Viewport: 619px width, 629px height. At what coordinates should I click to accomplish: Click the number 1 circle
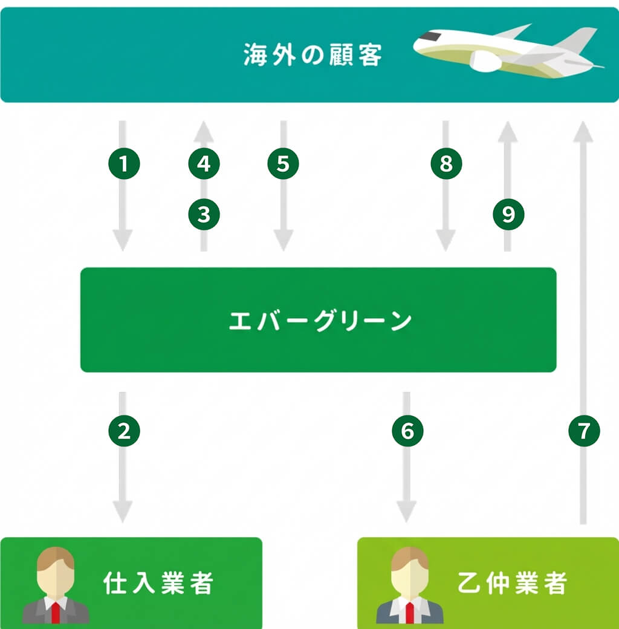click(124, 164)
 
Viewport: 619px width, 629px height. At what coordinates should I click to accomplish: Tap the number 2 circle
click(124, 431)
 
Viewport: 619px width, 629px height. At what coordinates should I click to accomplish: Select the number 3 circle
click(204, 214)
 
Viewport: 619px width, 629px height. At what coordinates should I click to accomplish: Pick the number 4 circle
click(204, 164)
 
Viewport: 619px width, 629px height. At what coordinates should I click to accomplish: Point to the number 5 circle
click(283, 164)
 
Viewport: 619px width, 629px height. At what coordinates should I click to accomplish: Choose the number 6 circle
click(407, 431)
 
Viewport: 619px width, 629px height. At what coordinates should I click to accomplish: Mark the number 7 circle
click(584, 431)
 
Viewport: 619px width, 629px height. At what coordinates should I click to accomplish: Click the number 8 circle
click(446, 164)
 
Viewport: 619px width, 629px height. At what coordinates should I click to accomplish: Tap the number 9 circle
click(508, 214)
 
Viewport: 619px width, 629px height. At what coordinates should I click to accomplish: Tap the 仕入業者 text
click(158, 583)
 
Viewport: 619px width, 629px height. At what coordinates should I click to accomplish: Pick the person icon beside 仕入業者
click(56, 585)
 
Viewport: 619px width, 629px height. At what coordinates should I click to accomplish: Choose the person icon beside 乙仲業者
click(410, 585)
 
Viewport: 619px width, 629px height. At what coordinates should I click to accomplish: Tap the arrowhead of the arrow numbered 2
click(123, 513)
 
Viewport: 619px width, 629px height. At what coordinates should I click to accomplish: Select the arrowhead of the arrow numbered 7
click(584, 129)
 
